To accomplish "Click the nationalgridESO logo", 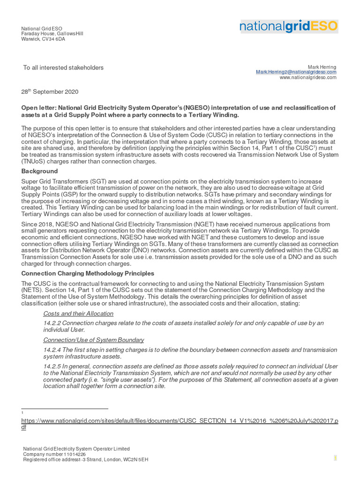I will [288, 26].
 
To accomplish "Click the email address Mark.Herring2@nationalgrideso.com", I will [296, 72].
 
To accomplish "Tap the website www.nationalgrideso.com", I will [308, 78].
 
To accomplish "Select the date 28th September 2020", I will [50, 92].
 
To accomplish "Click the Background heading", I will [39, 171].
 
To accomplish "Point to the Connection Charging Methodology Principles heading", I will [88, 273].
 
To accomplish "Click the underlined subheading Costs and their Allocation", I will [78, 314].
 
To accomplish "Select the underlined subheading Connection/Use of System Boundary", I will [93, 340].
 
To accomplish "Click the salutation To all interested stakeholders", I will [63, 68].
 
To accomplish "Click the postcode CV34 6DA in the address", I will [53, 39].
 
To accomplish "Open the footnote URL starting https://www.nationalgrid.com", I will [180, 421].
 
